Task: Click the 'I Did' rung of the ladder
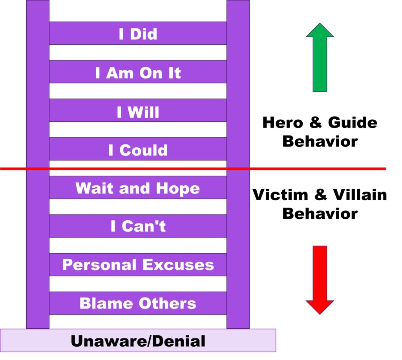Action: (138, 33)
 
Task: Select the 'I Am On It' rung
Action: (138, 72)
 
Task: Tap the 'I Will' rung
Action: (138, 110)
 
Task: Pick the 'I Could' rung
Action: (138, 149)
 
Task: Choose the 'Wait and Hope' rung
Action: (138, 187)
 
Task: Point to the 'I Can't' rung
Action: (138, 226)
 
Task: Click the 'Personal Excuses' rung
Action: (138, 265)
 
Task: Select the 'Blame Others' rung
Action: (138, 303)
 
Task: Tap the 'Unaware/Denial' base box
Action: (138, 340)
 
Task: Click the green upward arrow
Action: (320, 57)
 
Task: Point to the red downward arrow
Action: (320, 280)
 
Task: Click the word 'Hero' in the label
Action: (283, 122)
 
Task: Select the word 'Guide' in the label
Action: (353, 122)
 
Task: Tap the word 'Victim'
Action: (280, 195)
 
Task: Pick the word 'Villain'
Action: (360, 195)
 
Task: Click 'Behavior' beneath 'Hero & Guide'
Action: (320, 141)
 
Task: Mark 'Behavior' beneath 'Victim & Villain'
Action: (320, 214)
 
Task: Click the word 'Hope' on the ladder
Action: (178, 189)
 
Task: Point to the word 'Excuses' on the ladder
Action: (178, 265)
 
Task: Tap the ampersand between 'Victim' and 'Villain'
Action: (320, 195)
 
